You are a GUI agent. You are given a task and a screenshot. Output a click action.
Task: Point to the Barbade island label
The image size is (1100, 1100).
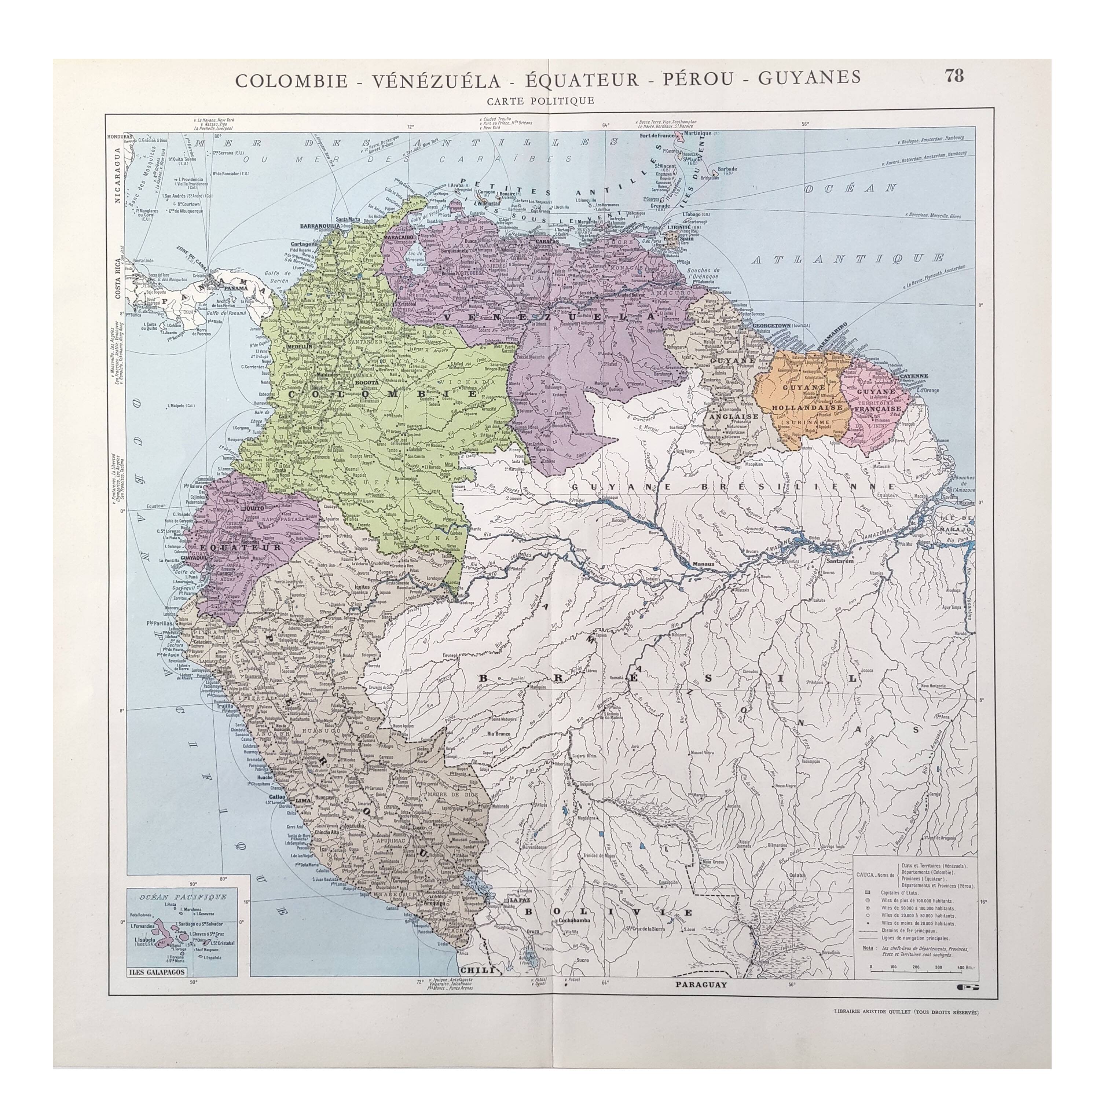pos(727,169)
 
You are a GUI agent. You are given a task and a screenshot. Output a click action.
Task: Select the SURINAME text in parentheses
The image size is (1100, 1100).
pos(808,417)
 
